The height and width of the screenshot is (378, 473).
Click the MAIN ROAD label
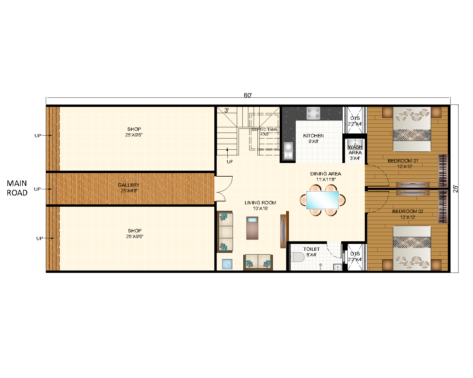pyautogui.click(x=17, y=188)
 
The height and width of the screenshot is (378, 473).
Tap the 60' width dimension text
pyautogui.click(x=247, y=95)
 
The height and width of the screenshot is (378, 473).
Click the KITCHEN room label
pyautogui.click(x=313, y=136)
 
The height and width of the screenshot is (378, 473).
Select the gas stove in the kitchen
pyautogui.click(x=313, y=113)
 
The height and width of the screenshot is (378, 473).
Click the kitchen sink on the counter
pyautogui.click(x=288, y=151)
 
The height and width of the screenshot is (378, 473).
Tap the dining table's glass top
pyautogui.click(x=323, y=200)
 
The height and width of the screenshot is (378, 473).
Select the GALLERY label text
pyautogui.click(x=129, y=185)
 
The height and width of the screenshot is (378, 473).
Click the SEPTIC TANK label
pyautogui.click(x=264, y=130)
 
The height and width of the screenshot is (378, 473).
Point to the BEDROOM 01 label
pyautogui.click(x=403, y=161)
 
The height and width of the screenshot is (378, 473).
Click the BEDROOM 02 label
pyautogui.click(x=407, y=211)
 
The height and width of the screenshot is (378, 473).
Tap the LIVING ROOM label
pyautogui.click(x=260, y=203)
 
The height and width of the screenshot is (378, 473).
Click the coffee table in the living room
pyautogui.click(x=252, y=228)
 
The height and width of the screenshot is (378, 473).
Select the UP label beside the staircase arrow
pyautogui.click(x=230, y=162)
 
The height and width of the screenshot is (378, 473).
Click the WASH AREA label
pyautogui.click(x=355, y=150)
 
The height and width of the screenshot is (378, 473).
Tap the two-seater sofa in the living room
pyautogui.click(x=258, y=262)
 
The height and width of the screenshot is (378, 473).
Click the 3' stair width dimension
pyautogui.click(x=226, y=110)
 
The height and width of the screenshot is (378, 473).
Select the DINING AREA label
pyautogui.click(x=325, y=174)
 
